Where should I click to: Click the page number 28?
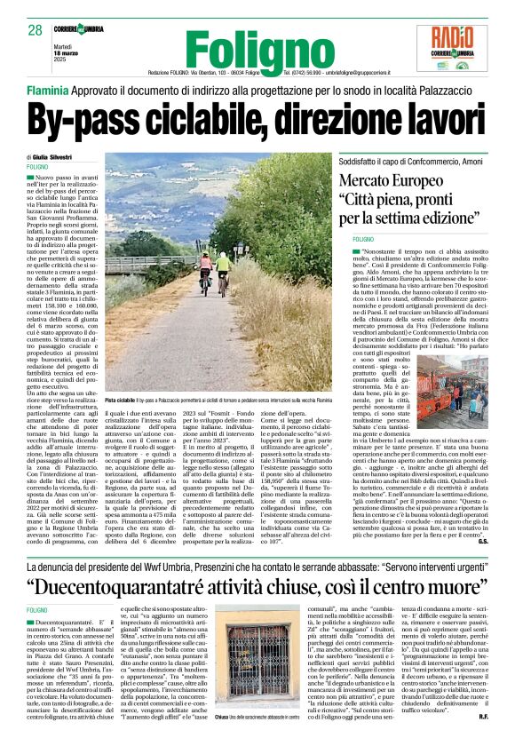tap(35, 31)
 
